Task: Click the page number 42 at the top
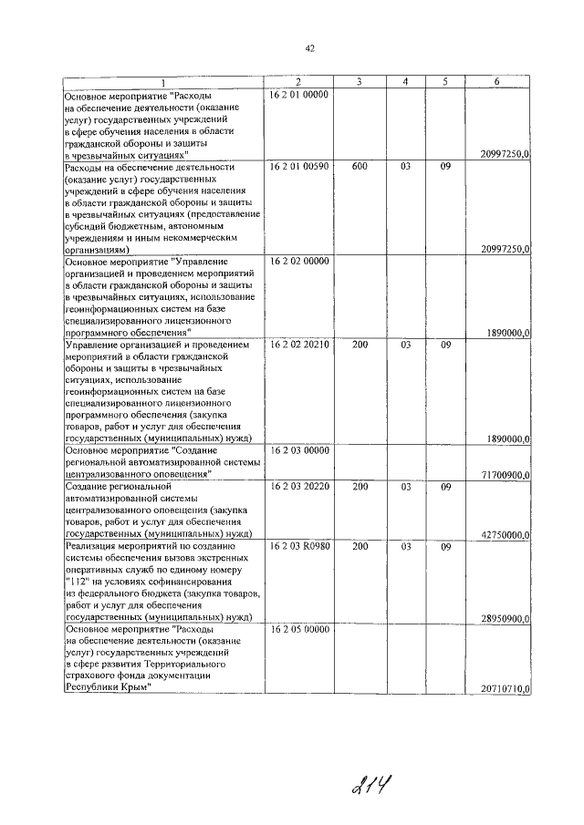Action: coord(309,48)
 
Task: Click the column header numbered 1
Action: coord(162,81)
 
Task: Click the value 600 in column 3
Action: coord(360,167)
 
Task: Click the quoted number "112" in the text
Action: coord(79,581)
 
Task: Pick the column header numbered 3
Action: coord(360,81)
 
